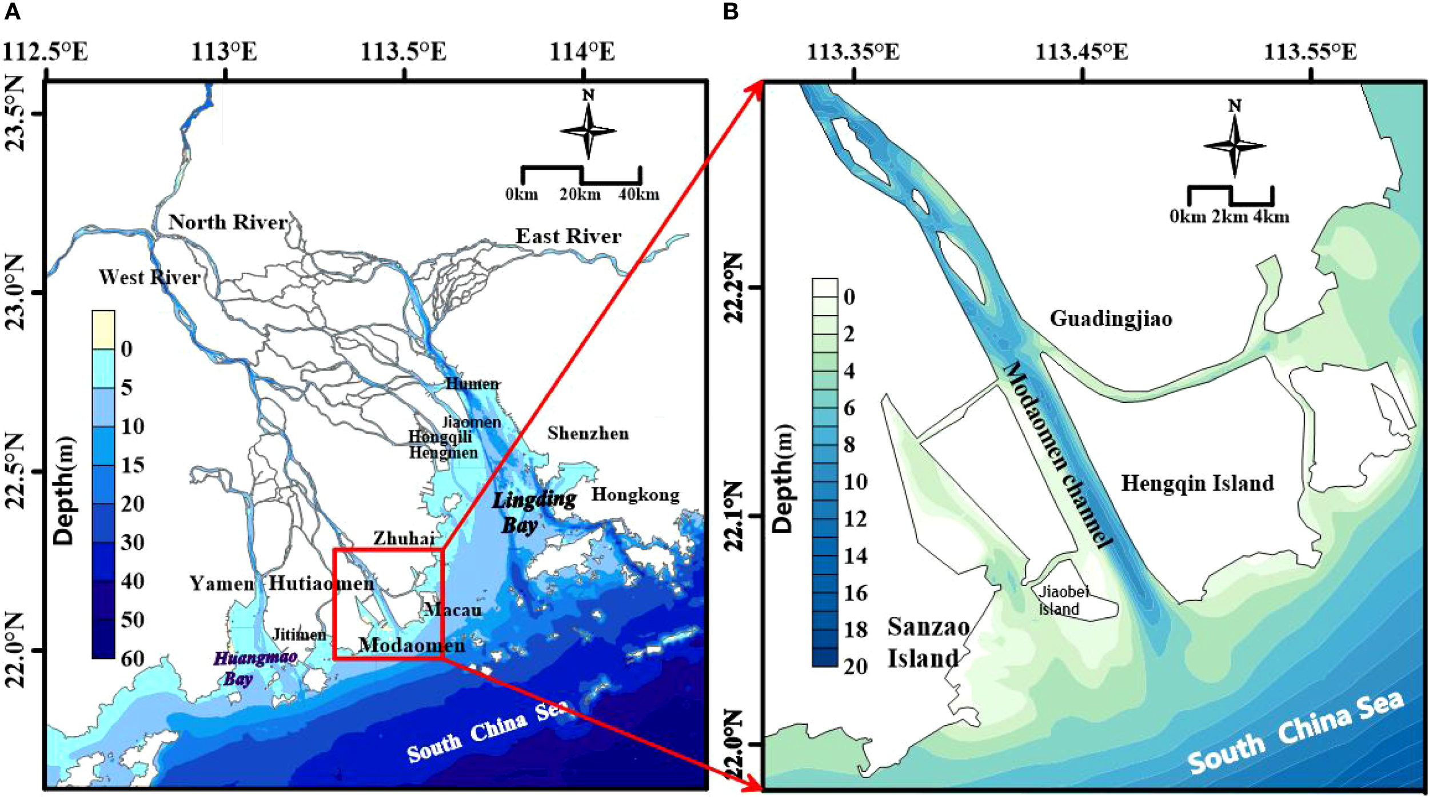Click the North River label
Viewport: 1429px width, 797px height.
click(x=228, y=222)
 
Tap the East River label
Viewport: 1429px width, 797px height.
click(x=568, y=236)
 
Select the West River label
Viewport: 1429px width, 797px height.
click(x=149, y=277)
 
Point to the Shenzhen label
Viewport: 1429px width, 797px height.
click(x=588, y=433)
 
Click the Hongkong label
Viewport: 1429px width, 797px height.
click(x=635, y=494)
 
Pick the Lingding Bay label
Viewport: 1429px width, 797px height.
click(x=533, y=512)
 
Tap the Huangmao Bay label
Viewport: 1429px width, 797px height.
click(x=254, y=668)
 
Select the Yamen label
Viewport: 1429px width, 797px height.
click(x=222, y=583)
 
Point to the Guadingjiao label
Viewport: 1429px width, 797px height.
click(x=1111, y=318)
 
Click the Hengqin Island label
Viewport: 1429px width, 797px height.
click(x=1198, y=483)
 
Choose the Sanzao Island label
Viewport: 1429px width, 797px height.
click(x=927, y=643)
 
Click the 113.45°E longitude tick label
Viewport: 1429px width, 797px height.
click(x=1081, y=53)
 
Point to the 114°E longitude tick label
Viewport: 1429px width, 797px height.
click(x=582, y=53)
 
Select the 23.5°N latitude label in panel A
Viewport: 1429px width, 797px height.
click(x=15, y=113)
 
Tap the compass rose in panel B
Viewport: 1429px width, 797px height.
click(x=1234, y=146)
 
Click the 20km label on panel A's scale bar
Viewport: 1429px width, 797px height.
click(x=580, y=195)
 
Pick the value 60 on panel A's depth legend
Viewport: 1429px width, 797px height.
click(x=132, y=659)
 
